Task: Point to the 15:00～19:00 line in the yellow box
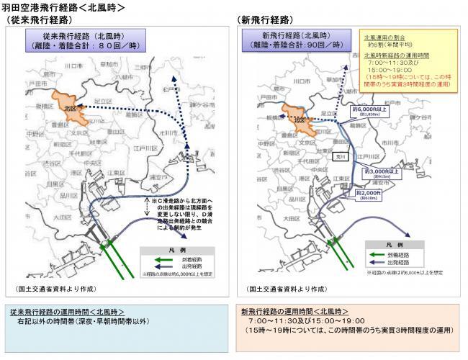click(x=389, y=68)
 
